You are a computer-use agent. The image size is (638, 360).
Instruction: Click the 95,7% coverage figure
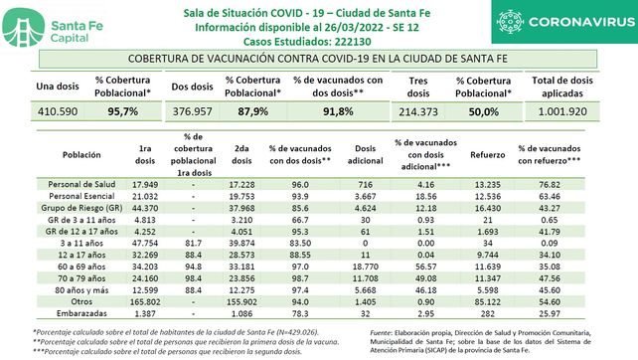coord(120,113)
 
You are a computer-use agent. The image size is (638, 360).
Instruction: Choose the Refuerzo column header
coord(478,156)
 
